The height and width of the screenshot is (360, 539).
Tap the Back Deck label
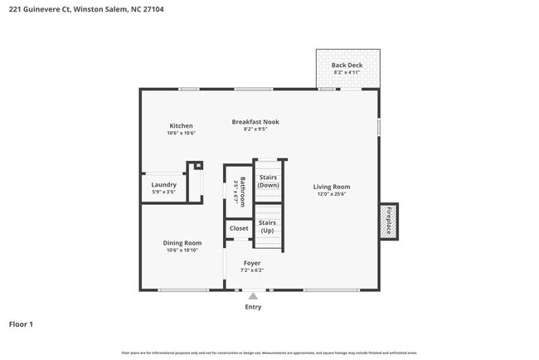click(x=347, y=65)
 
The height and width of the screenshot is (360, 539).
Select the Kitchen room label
click(x=181, y=126)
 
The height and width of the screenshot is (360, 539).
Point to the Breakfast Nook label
click(x=255, y=122)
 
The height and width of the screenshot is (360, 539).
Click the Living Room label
click(x=331, y=187)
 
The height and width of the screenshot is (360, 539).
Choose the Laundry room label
click(x=163, y=184)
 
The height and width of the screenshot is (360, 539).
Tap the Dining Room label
click(x=181, y=243)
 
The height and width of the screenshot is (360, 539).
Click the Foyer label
click(x=251, y=263)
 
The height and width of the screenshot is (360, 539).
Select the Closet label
click(x=239, y=228)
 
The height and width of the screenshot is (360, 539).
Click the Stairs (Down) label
click(x=268, y=181)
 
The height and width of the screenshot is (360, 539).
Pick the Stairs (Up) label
click(x=267, y=226)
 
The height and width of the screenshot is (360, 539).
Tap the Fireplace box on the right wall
click(x=387, y=220)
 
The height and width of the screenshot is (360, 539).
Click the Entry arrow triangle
click(x=253, y=296)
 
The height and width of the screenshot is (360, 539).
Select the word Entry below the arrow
click(x=253, y=307)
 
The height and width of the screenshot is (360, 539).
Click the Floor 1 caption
click(x=21, y=324)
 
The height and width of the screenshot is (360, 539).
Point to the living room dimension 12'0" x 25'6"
click(x=331, y=195)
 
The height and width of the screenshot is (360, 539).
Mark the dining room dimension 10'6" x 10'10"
click(x=181, y=251)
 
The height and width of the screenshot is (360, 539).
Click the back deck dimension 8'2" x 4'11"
click(x=347, y=73)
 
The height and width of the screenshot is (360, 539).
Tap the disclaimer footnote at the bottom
click(x=269, y=353)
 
